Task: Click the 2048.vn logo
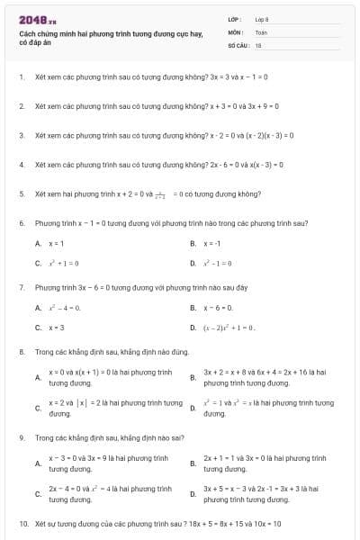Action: (37, 19)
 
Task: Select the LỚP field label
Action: (235, 18)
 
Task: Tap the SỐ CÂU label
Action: (238, 44)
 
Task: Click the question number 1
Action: (21, 77)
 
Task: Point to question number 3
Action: (21, 135)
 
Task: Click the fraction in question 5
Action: (159, 193)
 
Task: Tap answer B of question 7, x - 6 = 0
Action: (219, 308)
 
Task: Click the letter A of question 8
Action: (38, 377)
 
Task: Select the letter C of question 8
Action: (38, 409)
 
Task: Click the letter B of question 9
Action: (193, 463)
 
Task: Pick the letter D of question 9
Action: (193, 494)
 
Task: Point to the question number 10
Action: (22, 523)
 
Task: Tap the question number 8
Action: (21, 352)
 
